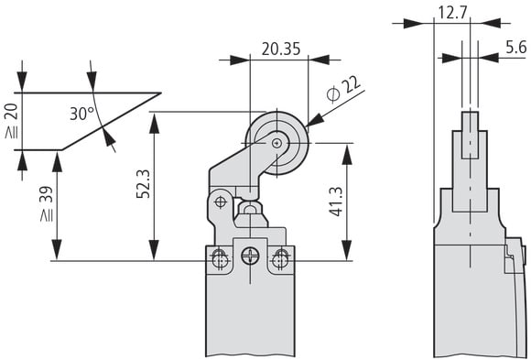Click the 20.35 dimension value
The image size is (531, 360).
[281, 49]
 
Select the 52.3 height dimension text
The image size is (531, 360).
[143, 183]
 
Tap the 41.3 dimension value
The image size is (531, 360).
[336, 202]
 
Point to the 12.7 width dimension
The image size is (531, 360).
[452, 13]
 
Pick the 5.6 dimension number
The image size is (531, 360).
[516, 47]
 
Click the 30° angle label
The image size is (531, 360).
[81, 114]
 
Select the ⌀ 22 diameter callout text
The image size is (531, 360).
[343, 89]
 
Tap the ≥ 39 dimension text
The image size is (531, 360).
[47, 204]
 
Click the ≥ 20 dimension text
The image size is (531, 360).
[12, 121]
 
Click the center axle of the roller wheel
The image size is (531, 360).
[277, 144]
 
